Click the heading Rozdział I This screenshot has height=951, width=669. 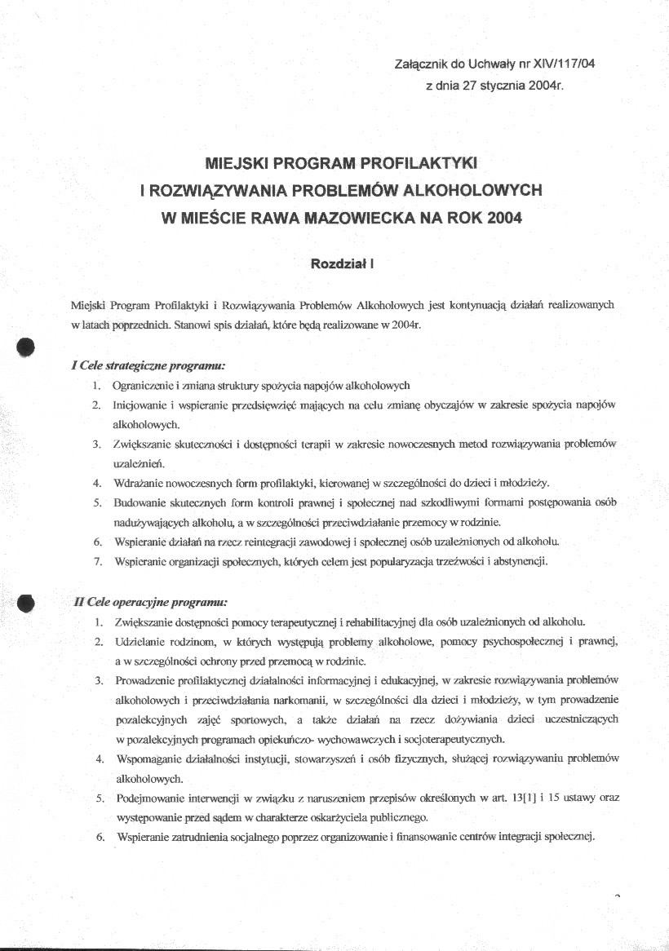tap(342, 263)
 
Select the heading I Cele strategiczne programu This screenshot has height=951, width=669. tap(148, 366)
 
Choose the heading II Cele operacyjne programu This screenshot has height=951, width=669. tap(150, 603)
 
